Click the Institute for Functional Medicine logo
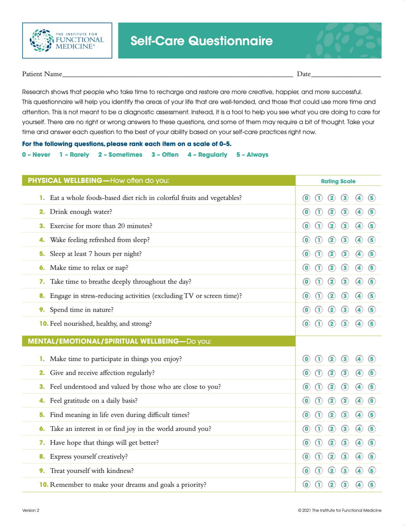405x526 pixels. coord(67,41)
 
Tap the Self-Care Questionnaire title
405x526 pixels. coord(202,41)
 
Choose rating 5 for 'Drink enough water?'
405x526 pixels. coord(372,212)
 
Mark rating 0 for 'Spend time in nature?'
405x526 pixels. coord(306,310)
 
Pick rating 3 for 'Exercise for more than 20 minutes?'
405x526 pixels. coord(345,226)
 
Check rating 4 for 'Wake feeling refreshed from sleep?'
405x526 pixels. coord(359,240)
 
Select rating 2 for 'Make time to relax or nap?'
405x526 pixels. coord(332,268)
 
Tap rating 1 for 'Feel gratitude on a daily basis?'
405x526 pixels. coord(319,401)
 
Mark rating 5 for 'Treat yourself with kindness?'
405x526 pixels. coord(372,471)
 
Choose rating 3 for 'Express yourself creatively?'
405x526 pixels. coord(345,457)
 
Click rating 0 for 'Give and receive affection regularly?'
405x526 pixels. coord(306,373)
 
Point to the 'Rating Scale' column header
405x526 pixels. coord(338,181)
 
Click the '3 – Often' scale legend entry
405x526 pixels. coord(165,155)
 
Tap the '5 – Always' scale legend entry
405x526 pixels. coord(252,155)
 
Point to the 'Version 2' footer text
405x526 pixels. coord(31,510)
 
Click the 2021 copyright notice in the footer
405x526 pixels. coord(340,510)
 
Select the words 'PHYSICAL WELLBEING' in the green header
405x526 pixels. coord(65,181)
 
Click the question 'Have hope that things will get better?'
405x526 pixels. coord(104,443)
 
